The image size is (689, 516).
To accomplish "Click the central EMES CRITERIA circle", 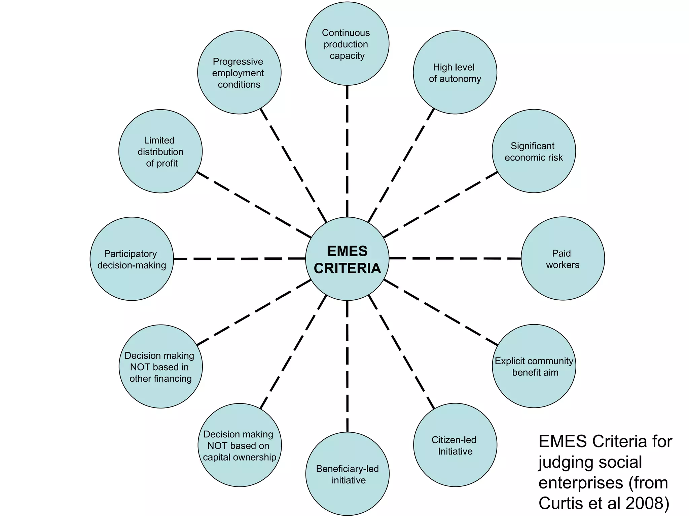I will (x=347, y=259).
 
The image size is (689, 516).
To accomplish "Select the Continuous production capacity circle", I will (x=347, y=44).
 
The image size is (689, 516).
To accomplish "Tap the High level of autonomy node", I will (x=455, y=73).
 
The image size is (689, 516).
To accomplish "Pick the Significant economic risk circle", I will (x=534, y=151).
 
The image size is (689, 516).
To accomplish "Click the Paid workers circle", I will (x=563, y=259).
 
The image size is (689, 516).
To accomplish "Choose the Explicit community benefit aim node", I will (x=534, y=366).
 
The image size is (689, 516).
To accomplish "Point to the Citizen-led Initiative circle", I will (x=455, y=445).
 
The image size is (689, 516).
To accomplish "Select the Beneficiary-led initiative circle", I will (x=347, y=474).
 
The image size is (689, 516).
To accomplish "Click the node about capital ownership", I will (x=240, y=445).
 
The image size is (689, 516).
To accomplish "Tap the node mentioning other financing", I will (x=160, y=367).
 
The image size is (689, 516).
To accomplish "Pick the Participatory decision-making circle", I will (x=132, y=259).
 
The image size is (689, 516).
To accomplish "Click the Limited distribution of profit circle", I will (x=160, y=151).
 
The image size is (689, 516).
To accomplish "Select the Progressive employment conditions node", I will (x=239, y=73).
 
